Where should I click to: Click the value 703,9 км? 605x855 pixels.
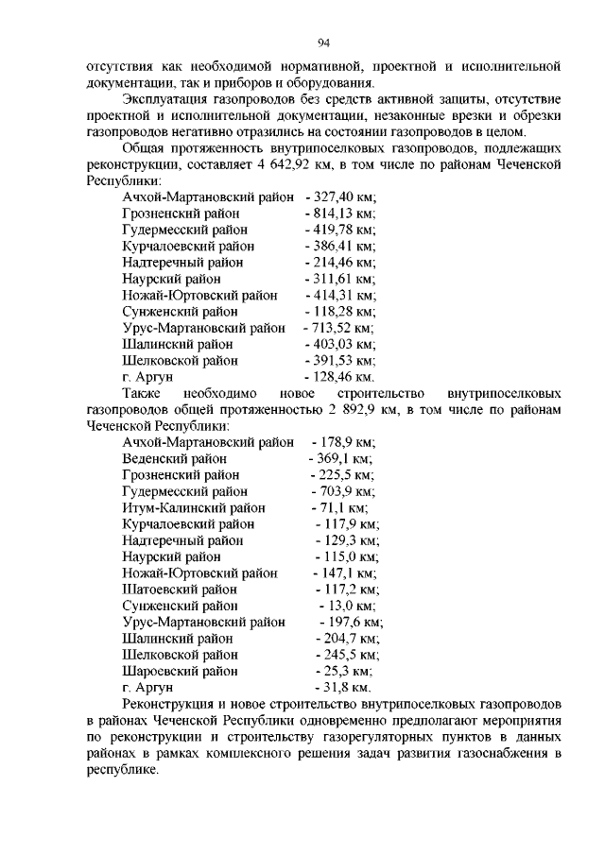(344, 491)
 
